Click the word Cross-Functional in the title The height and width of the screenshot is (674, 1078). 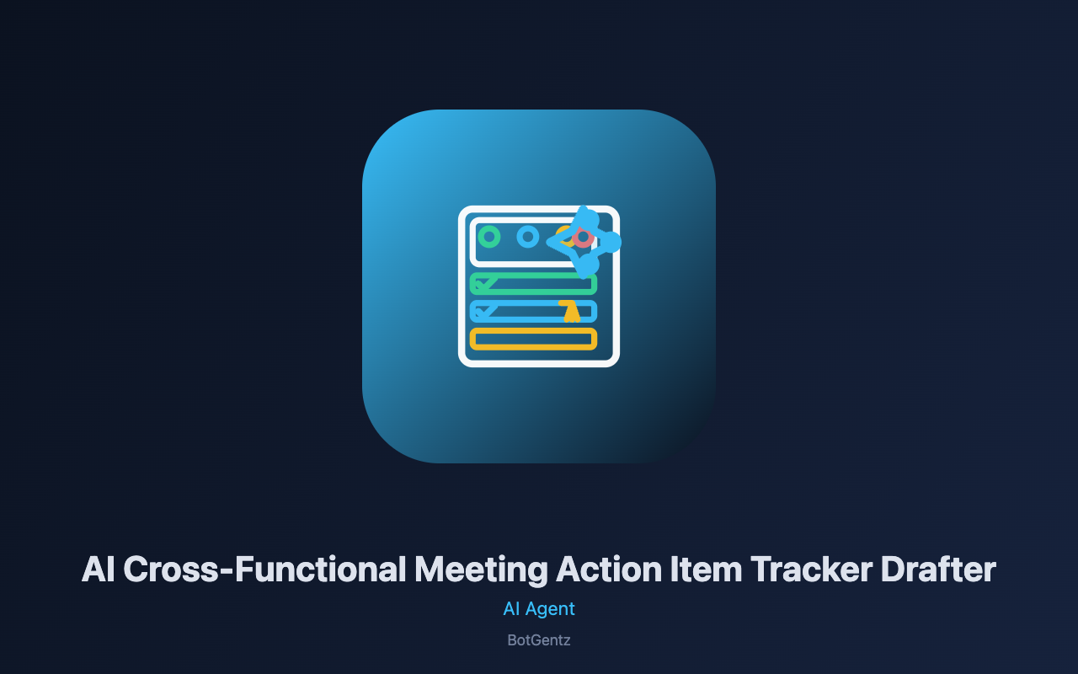(264, 569)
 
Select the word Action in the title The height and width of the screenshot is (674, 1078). (609, 569)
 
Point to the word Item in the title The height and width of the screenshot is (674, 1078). (706, 569)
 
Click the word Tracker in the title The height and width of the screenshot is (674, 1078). (811, 569)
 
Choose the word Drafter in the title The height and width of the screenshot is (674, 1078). (938, 569)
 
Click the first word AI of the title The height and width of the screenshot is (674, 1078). (99, 569)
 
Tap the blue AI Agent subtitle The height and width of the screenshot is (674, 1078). (539, 609)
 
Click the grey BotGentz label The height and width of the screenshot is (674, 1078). (539, 640)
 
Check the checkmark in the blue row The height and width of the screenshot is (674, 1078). (484, 311)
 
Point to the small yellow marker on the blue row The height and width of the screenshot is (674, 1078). (571, 311)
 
